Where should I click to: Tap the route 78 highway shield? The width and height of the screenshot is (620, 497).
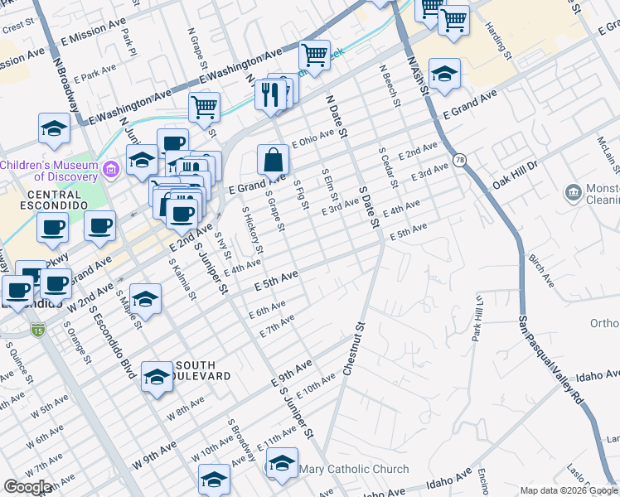458,159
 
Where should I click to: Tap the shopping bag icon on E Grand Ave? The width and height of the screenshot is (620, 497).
272,159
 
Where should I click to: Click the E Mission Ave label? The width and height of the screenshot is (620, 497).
85,36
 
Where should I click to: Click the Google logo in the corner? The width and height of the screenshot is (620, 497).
28,487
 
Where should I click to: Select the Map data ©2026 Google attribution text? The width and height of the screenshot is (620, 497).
569,490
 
